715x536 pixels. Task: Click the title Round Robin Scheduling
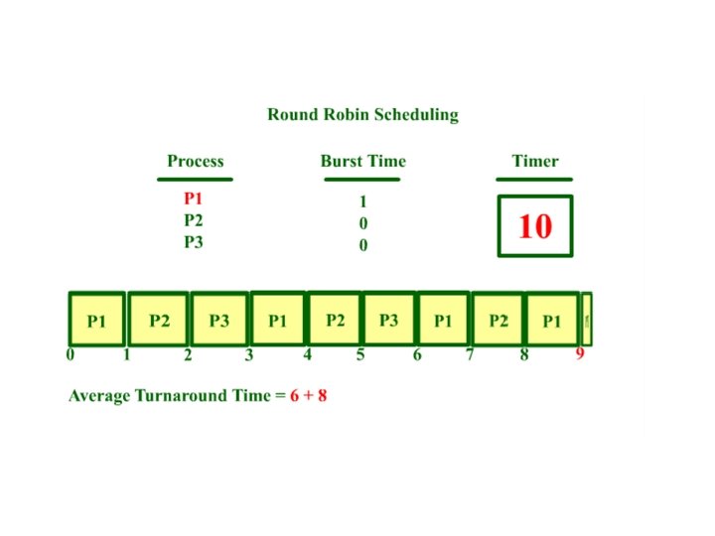362,114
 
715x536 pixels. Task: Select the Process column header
195,161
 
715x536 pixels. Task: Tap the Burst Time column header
362,161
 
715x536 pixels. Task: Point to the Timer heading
534,161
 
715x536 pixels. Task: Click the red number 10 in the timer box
534,226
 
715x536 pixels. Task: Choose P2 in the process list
193,220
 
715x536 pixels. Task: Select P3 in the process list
193,241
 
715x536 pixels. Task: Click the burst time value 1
362,201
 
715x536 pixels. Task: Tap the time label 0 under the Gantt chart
71,354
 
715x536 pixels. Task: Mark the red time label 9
580,354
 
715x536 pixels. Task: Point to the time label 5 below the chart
360,354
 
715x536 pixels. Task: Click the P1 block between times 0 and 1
96,321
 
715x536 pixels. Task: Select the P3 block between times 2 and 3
218,321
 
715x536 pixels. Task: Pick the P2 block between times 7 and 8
498,321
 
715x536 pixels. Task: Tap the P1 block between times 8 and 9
552,321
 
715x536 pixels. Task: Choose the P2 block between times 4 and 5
335,321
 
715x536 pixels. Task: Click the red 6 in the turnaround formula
295,395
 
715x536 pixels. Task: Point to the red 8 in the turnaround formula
322,395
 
